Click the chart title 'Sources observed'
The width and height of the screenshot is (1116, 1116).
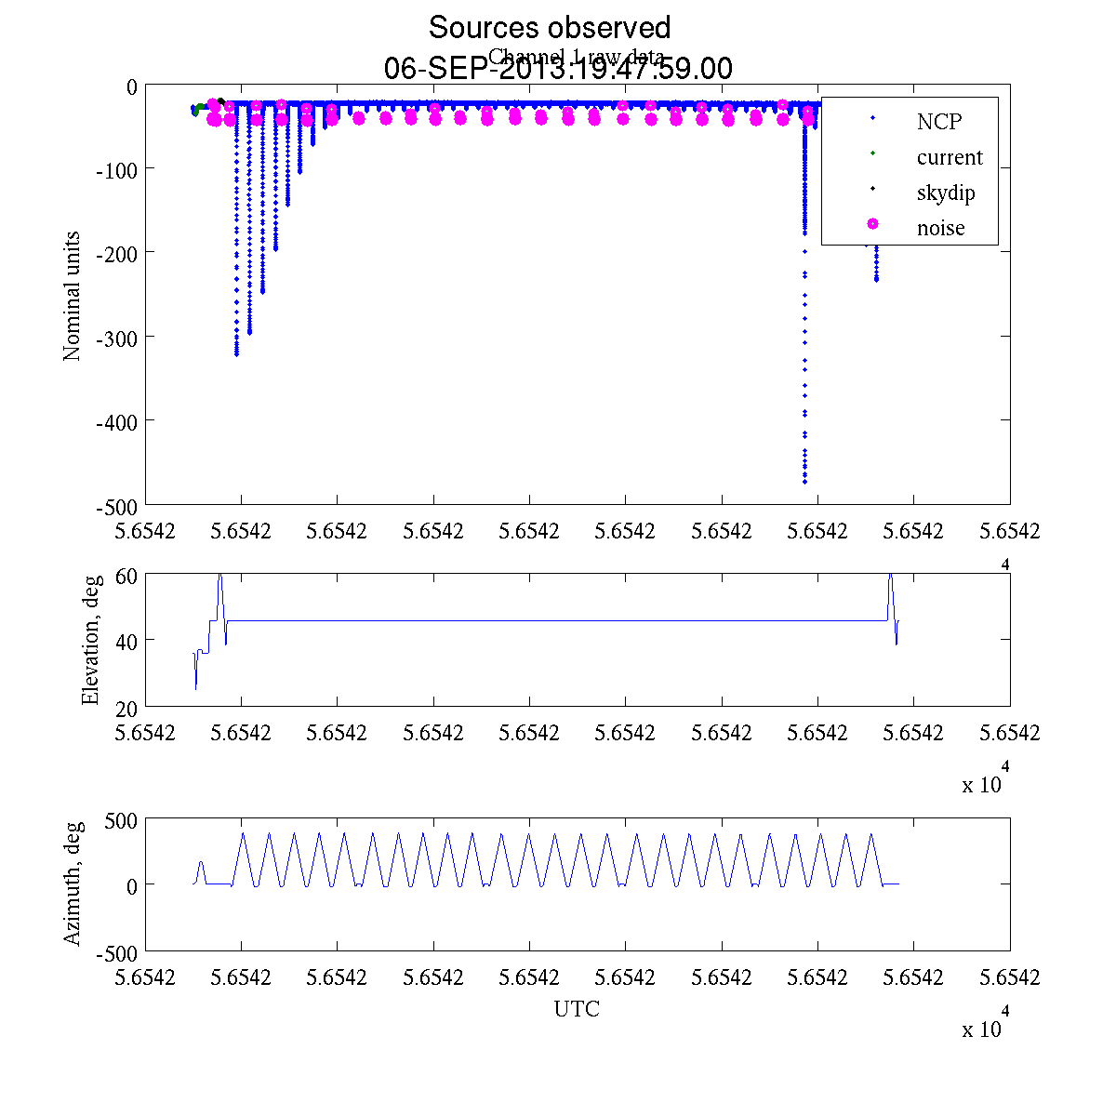click(x=549, y=27)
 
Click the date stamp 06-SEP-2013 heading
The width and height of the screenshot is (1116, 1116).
click(x=558, y=69)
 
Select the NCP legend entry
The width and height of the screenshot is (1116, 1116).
click(x=939, y=121)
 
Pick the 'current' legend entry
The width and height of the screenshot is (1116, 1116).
click(x=950, y=157)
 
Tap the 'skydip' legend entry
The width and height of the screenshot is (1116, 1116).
click(x=946, y=193)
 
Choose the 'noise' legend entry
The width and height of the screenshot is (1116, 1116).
click(x=941, y=228)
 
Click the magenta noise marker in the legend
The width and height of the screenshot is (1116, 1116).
click(x=872, y=224)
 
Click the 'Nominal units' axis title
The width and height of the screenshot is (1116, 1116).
click(x=72, y=296)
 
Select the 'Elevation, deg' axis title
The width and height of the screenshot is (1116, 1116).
click(x=90, y=641)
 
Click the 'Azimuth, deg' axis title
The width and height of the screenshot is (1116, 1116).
click(x=72, y=883)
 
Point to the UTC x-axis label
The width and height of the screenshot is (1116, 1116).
click(x=577, y=1009)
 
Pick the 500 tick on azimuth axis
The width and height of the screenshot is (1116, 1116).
click(x=121, y=820)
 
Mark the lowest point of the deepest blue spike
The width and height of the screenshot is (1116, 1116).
click(x=804, y=482)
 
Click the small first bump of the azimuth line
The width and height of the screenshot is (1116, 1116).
click(x=201, y=863)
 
